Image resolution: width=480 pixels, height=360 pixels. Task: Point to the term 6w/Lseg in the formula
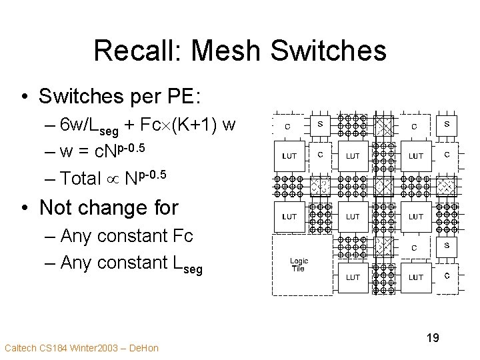[x=87, y=126]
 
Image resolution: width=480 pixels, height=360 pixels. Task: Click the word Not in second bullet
[x=60, y=207]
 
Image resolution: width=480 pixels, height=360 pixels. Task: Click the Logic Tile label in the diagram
[x=298, y=265]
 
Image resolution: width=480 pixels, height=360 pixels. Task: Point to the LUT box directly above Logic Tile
[x=289, y=216]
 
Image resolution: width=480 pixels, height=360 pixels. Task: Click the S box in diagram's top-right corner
[x=446, y=123]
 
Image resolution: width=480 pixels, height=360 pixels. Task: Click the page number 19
[x=432, y=338]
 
